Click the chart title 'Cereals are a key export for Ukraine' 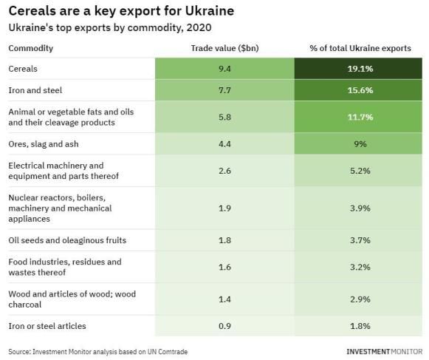(121, 12)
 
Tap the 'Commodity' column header (31, 48)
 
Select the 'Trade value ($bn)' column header (224, 48)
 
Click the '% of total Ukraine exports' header (360, 48)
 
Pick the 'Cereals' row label (23, 69)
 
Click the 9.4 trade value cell (224, 69)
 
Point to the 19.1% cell (358, 69)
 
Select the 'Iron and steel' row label (35, 90)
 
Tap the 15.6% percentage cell (358, 90)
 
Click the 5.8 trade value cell (224, 117)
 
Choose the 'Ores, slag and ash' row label (44, 144)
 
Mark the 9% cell (358, 144)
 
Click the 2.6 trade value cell (224, 171)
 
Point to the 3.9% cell (358, 208)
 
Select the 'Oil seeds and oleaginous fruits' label (67, 240)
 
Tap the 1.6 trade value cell (224, 267)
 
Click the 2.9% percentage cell (358, 299)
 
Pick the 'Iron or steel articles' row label (47, 326)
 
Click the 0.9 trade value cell (224, 326)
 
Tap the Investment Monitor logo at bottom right (385, 352)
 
